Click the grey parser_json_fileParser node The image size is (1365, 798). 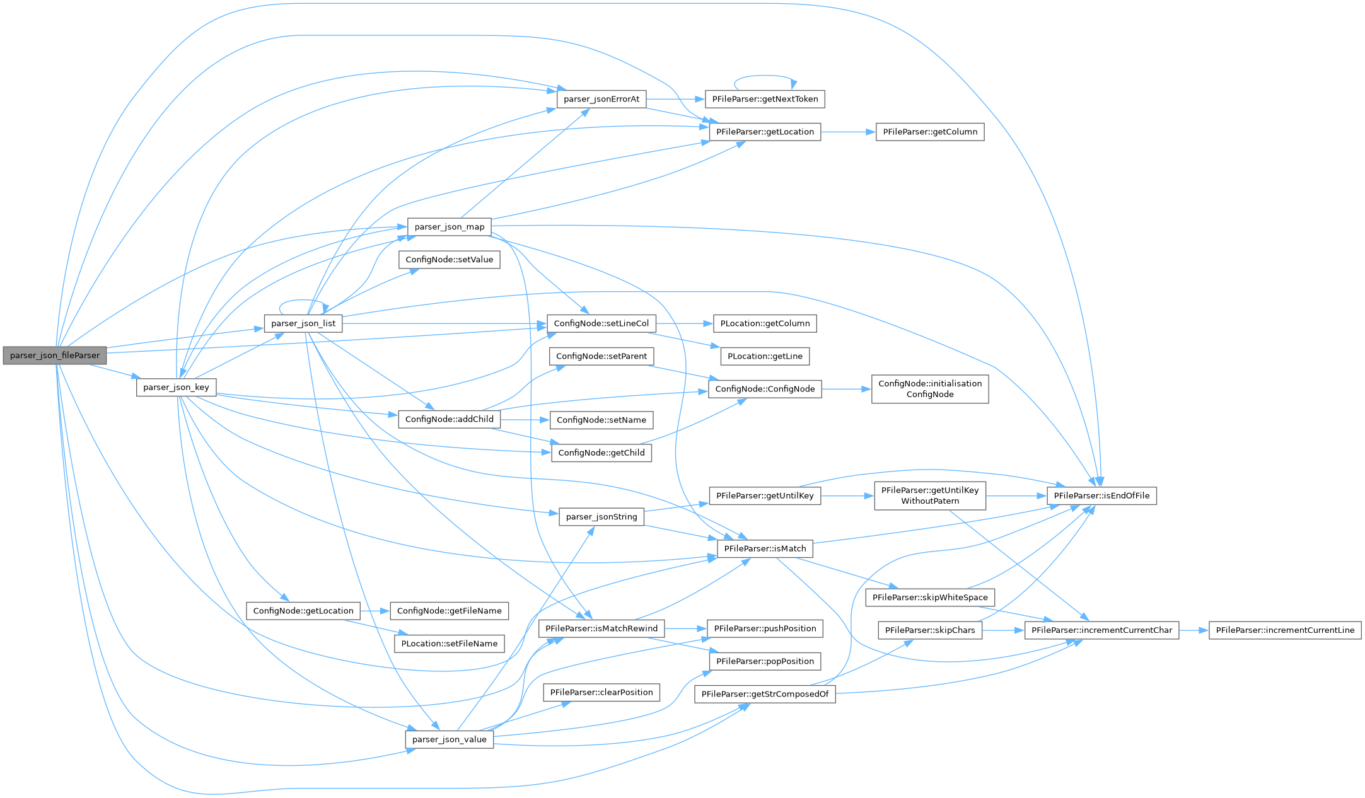[x=55, y=356]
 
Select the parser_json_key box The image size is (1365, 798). [x=176, y=387]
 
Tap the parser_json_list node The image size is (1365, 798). [x=303, y=323]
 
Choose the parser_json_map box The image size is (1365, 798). [x=449, y=227]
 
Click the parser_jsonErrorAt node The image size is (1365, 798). [x=601, y=99]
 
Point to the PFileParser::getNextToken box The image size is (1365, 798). [x=764, y=99]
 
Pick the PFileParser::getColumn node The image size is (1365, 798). [x=929, y=132]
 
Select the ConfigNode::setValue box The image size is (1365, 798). [x=449, y=260]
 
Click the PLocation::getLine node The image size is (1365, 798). [x=765, y=356]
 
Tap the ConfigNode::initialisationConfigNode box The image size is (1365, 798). [x=929, y=389]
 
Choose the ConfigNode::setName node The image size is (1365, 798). [x=601, y=420]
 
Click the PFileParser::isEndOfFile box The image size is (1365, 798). [x=1101, y=495]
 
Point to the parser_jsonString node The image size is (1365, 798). [x=601, y=517]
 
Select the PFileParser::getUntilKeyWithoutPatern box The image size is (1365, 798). [x=929, y=495]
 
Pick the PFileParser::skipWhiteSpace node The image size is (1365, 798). [x=929, y=598]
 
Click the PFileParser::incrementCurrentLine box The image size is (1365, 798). [x=1284, y=630]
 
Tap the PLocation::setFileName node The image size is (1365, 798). [x=449, y=644]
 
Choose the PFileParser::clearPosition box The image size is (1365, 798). [x=601, y=692]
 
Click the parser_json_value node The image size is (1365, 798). [x=449, y=739]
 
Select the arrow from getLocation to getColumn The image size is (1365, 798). [x=848, y=132]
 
